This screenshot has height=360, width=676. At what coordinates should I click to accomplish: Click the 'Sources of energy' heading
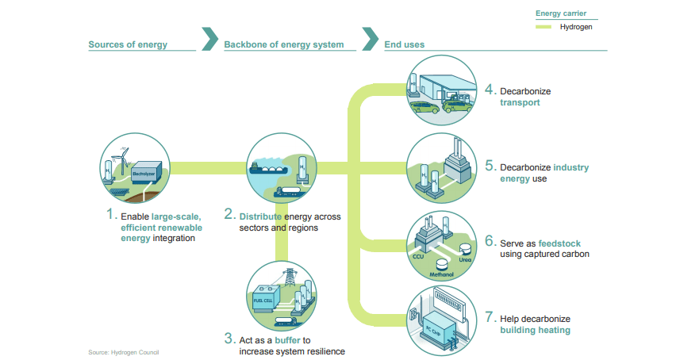[x=128, y=44]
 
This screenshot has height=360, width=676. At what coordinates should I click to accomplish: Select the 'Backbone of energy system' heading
[x=284, y=44]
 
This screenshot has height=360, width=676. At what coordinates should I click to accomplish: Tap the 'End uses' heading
[x=404, y=44]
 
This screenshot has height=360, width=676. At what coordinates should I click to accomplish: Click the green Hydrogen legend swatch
[x=543, y=27]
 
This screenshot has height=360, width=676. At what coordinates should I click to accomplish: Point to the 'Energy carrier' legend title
[x=561, y=13]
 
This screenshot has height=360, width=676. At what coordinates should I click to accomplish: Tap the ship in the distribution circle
[x=268, y=168]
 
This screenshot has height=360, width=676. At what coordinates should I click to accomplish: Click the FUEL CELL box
[x=265, y=298]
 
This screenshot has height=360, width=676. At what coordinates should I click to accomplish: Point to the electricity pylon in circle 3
[x=289, y=278]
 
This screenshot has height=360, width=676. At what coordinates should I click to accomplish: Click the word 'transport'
[x=520, y=102]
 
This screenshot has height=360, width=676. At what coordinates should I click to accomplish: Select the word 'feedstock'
[x=559, y=243]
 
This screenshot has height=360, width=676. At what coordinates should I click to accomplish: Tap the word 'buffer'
[x=287, y=340]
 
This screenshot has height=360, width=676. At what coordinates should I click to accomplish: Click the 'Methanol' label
[x=441, y=274]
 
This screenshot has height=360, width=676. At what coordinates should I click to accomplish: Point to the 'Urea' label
[x=465, y=259]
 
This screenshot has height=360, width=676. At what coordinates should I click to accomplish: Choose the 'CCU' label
[x=418, y=256]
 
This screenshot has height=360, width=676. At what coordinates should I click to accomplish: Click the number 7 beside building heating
[x=490, y=317]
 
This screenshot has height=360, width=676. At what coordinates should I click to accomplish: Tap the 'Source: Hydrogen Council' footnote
[x=124, y=352]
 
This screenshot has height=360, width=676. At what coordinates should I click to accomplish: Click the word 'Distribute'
[x=260, y=216]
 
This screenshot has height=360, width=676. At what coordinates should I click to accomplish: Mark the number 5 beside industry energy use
[x=490, y=166]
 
